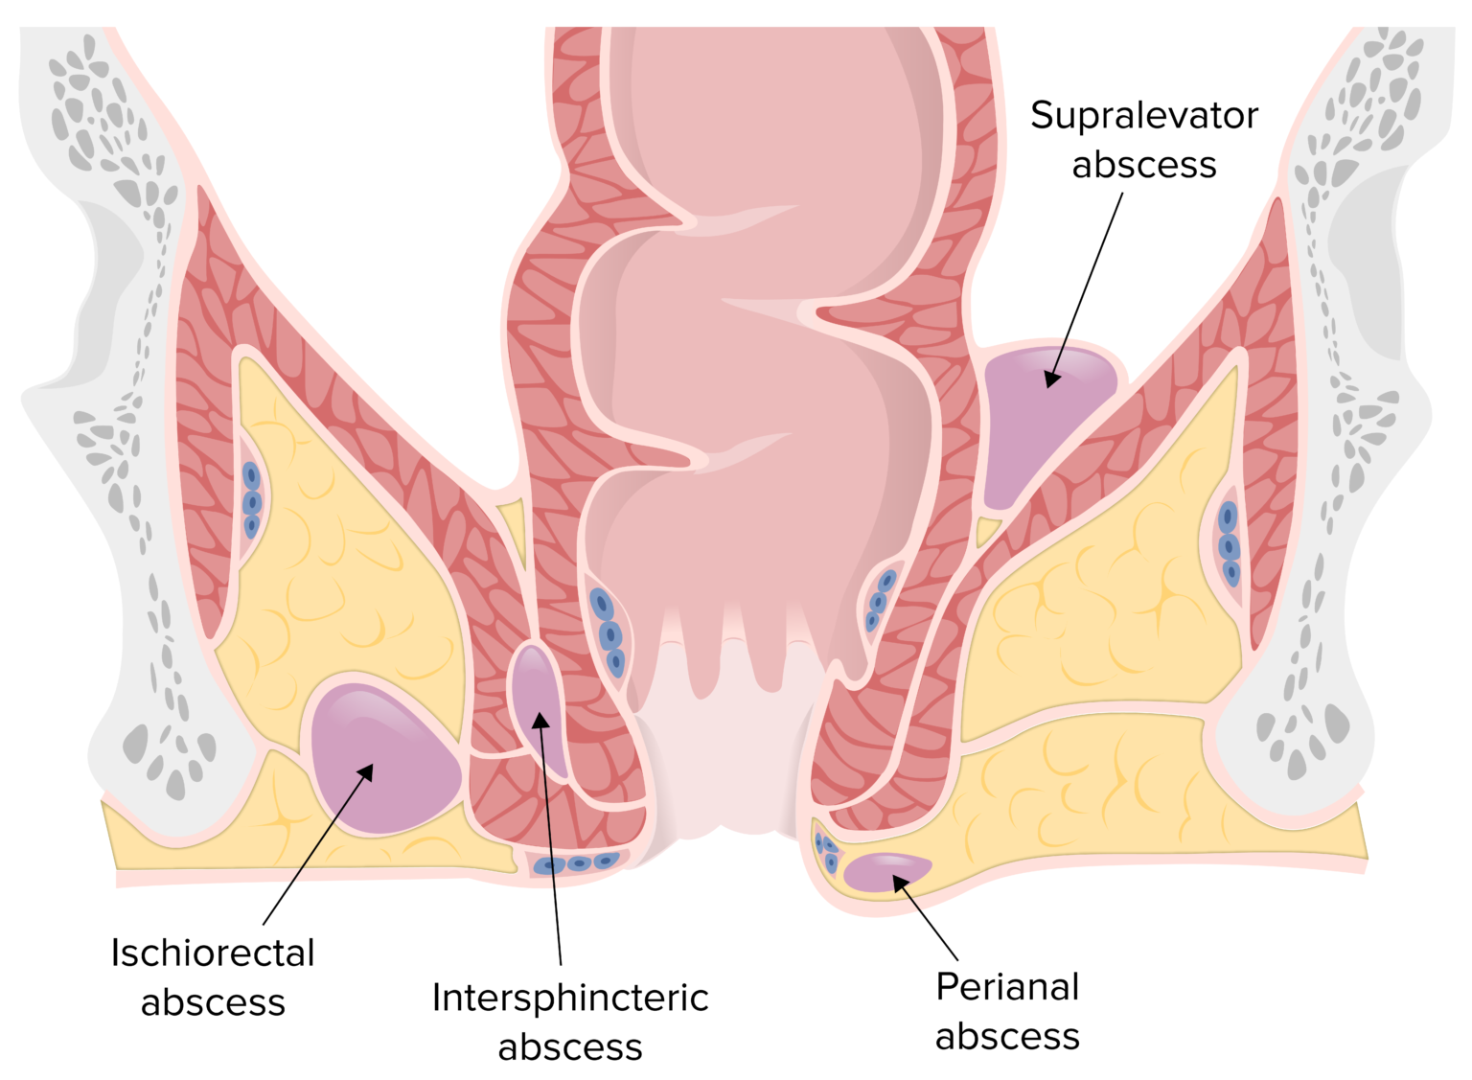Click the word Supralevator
[1143, 116]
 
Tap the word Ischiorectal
[213, 954]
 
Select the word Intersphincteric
[570, 999]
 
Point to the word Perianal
[1007, 987]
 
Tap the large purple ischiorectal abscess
[383, 757]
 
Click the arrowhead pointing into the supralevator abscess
[1052, 379]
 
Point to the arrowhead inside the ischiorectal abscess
[365, 772]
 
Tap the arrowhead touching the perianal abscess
[900, 883]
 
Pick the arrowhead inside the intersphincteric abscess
[540, 721]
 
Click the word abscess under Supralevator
[1143, 166]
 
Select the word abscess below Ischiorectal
[213, 1003]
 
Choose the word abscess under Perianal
[1007, 1037]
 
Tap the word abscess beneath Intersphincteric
[570, 1048]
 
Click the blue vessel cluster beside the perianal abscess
[826, 851]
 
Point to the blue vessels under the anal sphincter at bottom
[577, 863]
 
